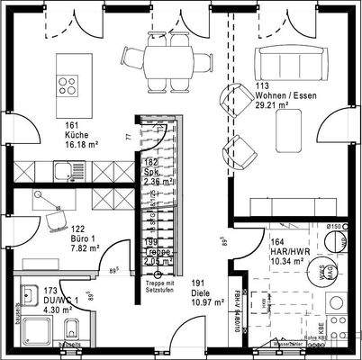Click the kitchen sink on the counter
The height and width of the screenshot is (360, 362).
66,167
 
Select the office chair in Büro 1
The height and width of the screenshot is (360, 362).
57,216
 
